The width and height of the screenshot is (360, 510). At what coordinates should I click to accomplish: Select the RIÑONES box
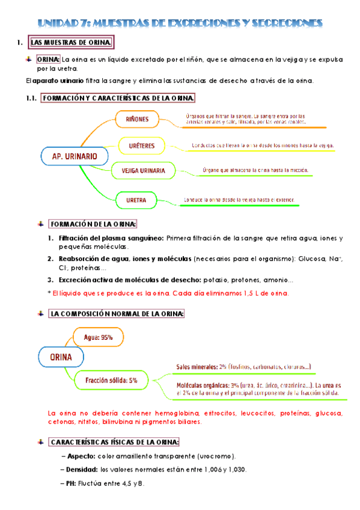click(x=137, y=119)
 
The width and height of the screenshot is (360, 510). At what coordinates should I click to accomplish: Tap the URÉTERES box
click(x=138, y=146)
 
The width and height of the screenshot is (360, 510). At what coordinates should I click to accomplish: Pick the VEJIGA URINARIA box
click(x=143, y=171)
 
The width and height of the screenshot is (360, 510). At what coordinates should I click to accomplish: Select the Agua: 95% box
click(x=99, y=337)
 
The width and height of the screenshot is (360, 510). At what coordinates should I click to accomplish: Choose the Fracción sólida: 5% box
click(x=111, y=380)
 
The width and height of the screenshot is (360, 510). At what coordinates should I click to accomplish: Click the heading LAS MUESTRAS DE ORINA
click(x=70, y=43)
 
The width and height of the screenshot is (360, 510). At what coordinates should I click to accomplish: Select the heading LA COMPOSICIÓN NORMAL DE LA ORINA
click(x=117, y=314)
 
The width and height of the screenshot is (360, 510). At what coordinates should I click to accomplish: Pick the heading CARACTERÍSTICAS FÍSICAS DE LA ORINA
click(x=114, y=443)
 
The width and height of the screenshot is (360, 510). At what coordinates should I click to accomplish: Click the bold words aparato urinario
click(x=55, y=81)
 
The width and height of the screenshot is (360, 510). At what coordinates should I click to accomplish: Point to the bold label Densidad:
click(x=82, y=469)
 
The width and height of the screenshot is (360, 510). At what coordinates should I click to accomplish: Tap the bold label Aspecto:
click(x=81, y=456)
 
